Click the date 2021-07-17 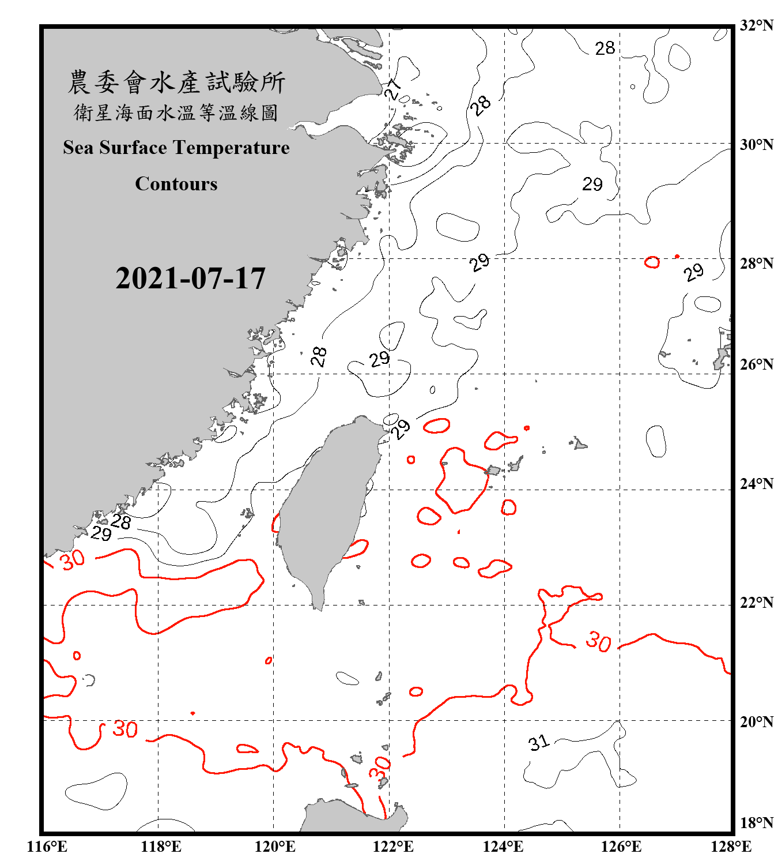(190, 279)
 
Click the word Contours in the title (176, 184)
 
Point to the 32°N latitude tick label (756, 25)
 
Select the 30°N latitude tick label (756, 144)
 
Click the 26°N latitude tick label (756, 364)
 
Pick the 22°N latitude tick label (756, 603)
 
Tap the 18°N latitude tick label (756, 823)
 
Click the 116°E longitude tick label (47, 847)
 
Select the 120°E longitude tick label (275, 847)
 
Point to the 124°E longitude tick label (503, 847)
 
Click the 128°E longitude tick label (731, 847)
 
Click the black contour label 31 (539, 743)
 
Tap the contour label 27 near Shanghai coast (392, 90)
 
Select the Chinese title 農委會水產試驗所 (176, 82)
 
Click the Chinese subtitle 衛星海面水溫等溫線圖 (176, 113)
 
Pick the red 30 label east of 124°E (598, 641)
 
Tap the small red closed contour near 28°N (652, 262)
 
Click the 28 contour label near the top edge (605, 48)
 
